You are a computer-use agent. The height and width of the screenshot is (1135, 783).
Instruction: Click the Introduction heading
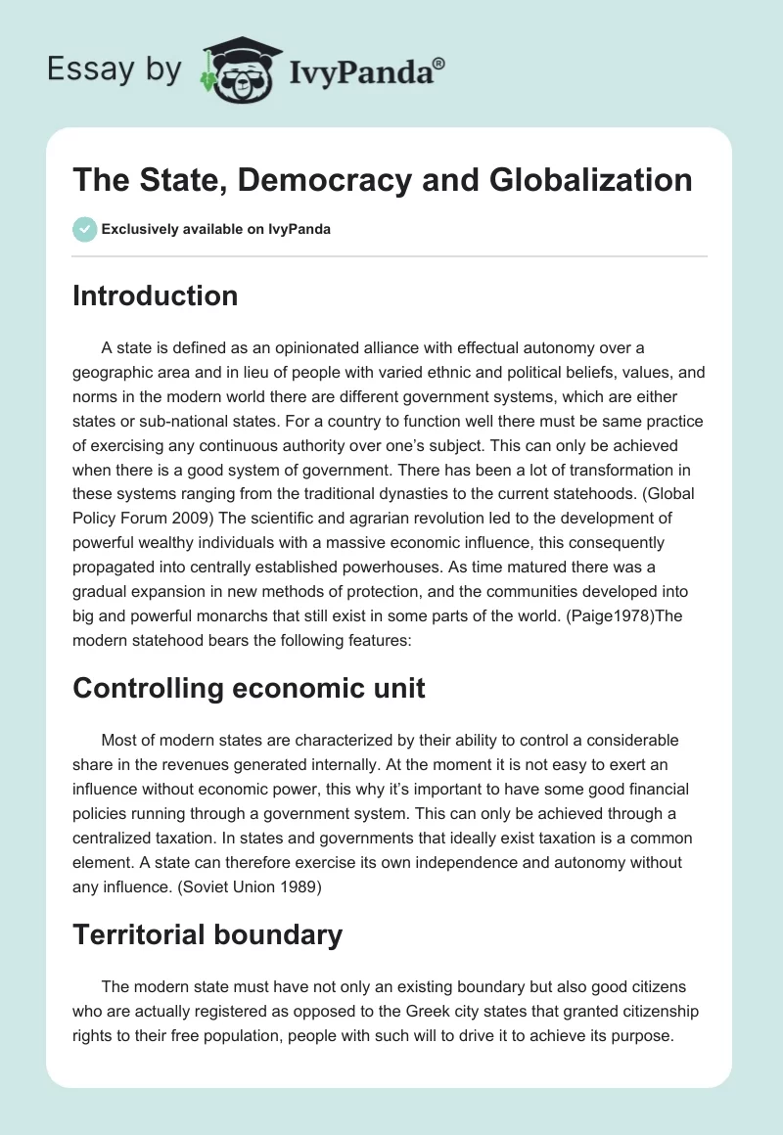pos(155,295)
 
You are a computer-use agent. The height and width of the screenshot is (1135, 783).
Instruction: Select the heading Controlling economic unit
pos(249,688)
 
